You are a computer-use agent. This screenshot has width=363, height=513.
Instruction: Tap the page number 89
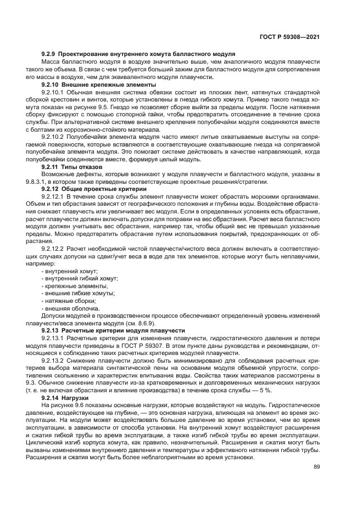[x=316, y=467]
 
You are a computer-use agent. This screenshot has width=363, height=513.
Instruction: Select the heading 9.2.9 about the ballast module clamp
[x=138, y=54]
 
